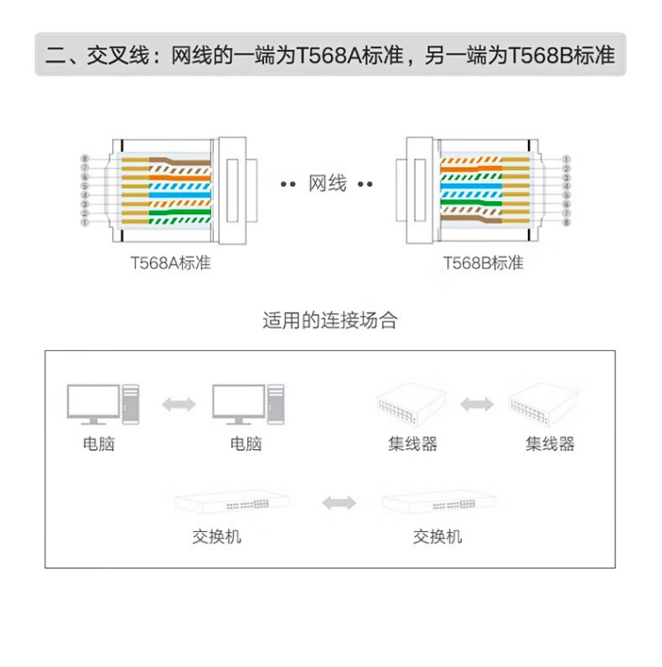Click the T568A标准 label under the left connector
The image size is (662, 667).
[x=170, y=263]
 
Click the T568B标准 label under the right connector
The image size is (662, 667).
[x=483, y=263]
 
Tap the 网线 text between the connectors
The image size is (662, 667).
[x=327, y=184]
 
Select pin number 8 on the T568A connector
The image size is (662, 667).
[x=85, y=159]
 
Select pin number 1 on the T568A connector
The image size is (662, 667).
[x=85, y=222]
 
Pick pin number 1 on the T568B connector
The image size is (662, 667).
[x=566, y=159]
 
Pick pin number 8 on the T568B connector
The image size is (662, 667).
[x=566, y=222]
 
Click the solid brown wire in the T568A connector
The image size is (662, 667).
[x=179, y=161]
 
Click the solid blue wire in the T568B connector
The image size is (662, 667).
[x=471, y=185]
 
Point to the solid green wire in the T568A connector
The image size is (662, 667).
[x=179, y=212]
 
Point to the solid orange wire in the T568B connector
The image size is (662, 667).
[x=471, y=169]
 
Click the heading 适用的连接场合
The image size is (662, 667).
[x=330, y=320]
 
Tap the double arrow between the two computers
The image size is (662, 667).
[x=178, y=404]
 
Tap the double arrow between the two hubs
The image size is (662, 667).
[x=477, y=404]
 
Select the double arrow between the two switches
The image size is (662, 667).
[x=339, y=502]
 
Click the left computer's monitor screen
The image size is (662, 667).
[x=94, y=401]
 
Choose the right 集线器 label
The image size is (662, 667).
[x=550, y=444]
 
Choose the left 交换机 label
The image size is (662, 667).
[x=216, y=536]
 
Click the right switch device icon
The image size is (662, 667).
[x=439, y=502]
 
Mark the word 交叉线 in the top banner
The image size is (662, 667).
[x=118, y=56]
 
